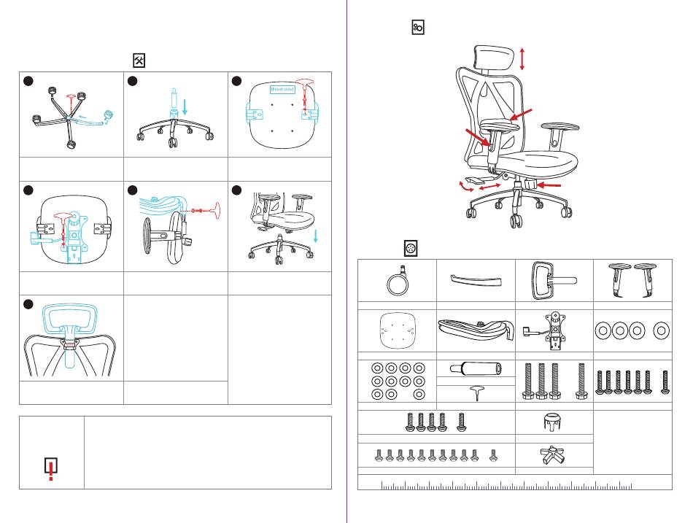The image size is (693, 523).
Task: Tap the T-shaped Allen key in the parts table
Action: pyautogui.click(x=476, y=393)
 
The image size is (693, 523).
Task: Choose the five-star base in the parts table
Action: pyautogui.click(x=554, y=456)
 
